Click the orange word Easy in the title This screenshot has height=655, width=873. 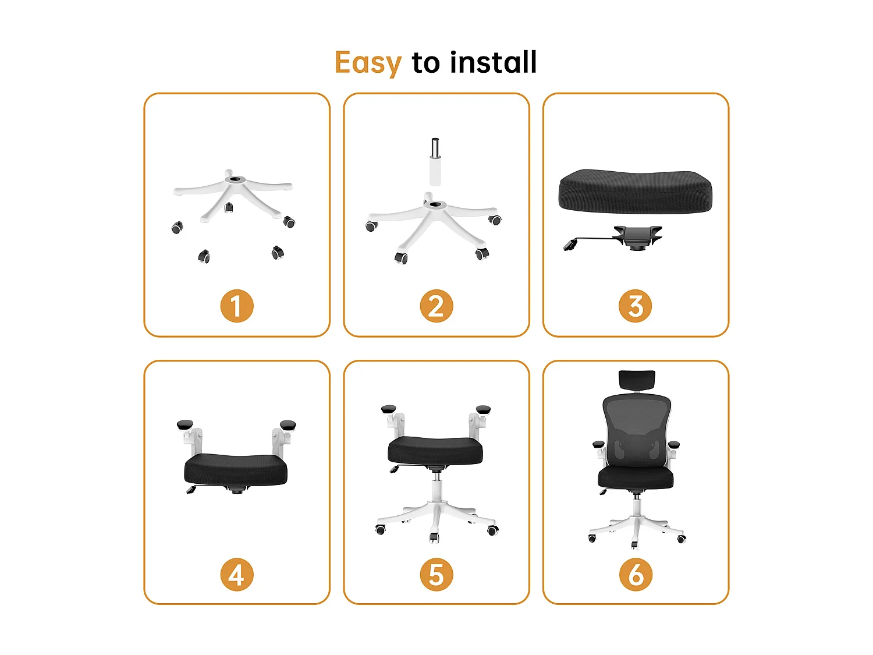pyautogui.click(x=368, y=62)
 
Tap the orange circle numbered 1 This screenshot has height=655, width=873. pyautogui.click(x=237, y=306)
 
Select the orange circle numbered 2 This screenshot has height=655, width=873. pyautogui.click(x=436, y=306)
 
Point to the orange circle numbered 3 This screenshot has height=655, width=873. pyautogui.click(x=635, y=306)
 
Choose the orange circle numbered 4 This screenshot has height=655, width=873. pyautogui.click(x=237, y=575)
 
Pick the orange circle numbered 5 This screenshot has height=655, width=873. pyautogui.click(x=436, y=575)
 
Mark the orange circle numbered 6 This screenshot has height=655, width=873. pyautogui.click(x=636, y=575)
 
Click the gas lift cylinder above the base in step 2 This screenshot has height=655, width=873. pyautogui.click(x=435, y=163)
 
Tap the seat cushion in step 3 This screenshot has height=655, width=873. pyautogui.click(x=635, y=191)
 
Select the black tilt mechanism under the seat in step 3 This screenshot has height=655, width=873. pyautogui.click(x=637, y=237)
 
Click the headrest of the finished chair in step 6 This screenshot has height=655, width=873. pyautogui.click(x=637, y=380)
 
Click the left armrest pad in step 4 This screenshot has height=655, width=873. pyautogui.click(x=185, y=424)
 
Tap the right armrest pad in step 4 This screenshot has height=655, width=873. pyautogui.click(x=288, y=424)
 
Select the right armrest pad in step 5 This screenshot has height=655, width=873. pyautogui.click(x=483, y=409)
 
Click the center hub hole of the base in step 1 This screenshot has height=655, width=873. pyautogui.click(x=235, y=179)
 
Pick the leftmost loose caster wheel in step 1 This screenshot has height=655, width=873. pyautogui.click(x=177, y=228)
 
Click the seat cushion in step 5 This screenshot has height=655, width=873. pyautogui.click(x=435, y=450)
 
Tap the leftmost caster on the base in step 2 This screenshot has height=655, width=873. pyautogui.click(x=371, y=226)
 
